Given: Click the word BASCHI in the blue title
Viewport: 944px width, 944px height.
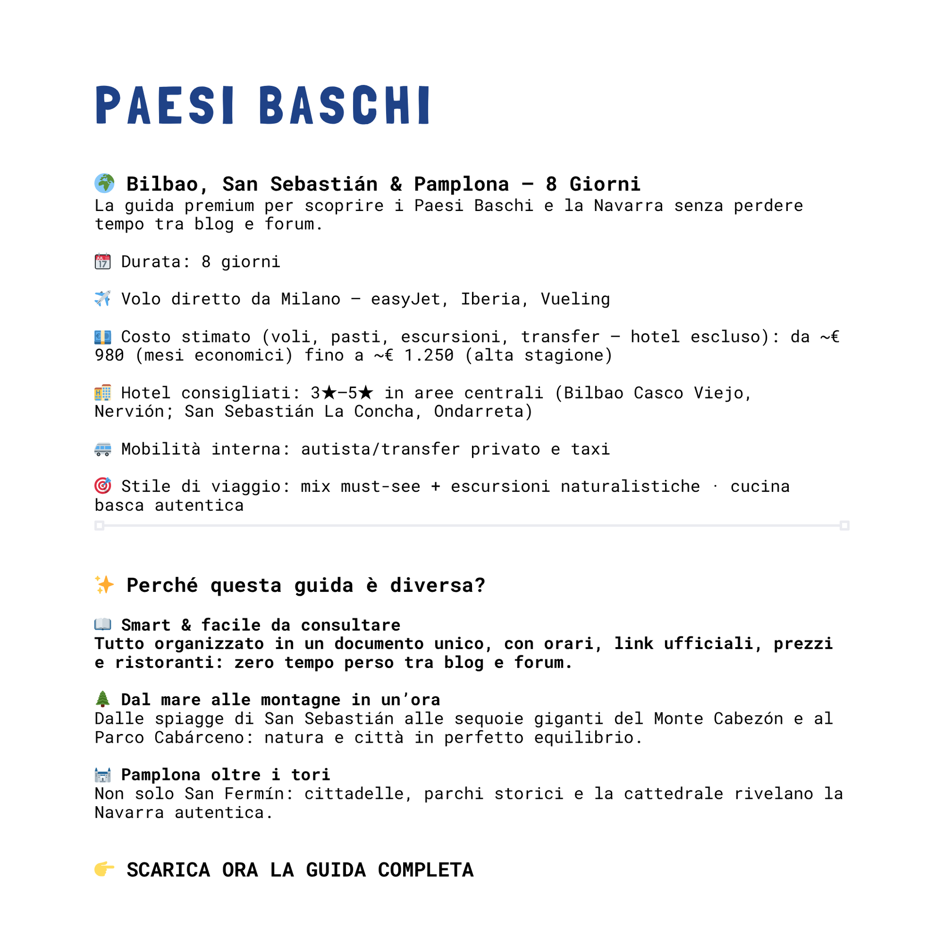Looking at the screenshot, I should click(x=344, y=105).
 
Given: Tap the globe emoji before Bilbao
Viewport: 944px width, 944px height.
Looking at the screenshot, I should click(x=104, y=183).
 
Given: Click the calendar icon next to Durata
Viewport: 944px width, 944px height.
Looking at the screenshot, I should click(x=103, y=261).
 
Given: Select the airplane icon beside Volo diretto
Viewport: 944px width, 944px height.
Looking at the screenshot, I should click(x=103, y=298).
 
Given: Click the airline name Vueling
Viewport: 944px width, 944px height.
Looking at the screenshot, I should click(x=575, y=299).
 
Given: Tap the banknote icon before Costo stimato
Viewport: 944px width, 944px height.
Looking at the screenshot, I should click(x=103, y=337).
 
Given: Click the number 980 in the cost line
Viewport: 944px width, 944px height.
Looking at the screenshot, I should click(x=110, y=355).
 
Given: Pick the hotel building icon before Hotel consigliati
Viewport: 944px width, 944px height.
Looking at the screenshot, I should click(x=103, y=392).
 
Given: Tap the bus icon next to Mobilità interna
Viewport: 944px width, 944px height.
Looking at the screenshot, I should click(x=103, y=449).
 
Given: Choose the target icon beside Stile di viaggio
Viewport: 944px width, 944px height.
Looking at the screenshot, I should click(x=103, y=486).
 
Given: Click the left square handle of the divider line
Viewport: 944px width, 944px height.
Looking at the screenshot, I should click(x=99, y=526).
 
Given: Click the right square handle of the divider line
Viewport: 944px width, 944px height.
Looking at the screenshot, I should click(x=845, y=526).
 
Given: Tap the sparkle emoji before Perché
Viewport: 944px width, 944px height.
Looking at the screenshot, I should click(x=104, y=585).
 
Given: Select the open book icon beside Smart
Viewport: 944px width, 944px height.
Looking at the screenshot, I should click(x=103, y=624).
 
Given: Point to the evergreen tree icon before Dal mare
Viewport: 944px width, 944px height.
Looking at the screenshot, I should click(x=103, y=699).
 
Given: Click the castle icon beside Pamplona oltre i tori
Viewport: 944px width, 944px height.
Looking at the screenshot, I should click(x=103, y=774).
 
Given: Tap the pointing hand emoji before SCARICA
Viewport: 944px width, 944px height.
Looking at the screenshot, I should click(x=104, y=869).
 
